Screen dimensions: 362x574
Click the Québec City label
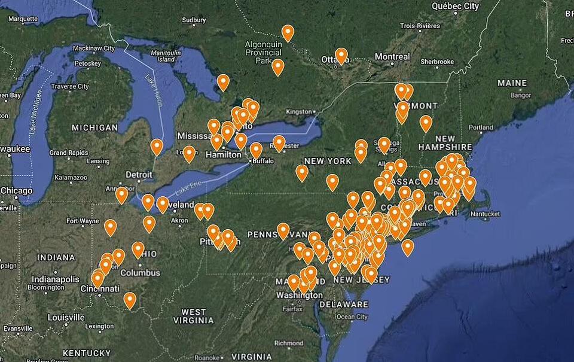[x=455, y=6]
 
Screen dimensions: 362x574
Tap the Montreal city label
[x=392, y=57]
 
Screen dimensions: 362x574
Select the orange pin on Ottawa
[x=341, y=56]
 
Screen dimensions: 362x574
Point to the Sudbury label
[x=194, y=20]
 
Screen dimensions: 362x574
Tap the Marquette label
[x=23, y=19]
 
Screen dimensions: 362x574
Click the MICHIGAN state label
[x=94, y=127]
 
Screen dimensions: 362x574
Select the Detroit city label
[x=139, y=175]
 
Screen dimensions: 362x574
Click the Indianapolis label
[x=55, y=279]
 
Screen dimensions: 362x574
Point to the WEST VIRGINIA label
[x=194, y=316]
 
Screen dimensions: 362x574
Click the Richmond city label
[x=290, y=343]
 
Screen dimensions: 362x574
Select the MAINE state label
[x=512, y=83]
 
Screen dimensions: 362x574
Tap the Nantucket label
[x=485, y=214]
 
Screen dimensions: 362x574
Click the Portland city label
[x=481, y=127]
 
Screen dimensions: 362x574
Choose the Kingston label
[x=299, y=111]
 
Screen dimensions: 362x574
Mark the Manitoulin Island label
[x=162, y=56]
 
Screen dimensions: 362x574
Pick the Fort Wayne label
[x=83, y=221]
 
